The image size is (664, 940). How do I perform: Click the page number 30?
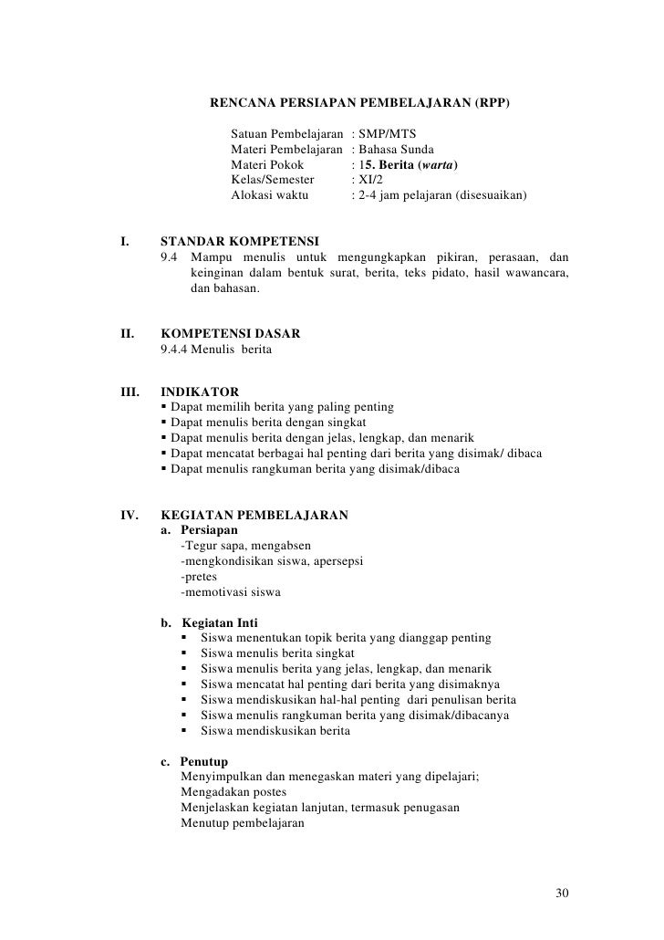pos(562,892)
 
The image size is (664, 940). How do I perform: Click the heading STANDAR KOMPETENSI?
pos(239,242)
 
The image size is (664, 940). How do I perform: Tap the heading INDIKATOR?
pos(199,392)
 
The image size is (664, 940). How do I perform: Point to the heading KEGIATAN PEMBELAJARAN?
pos(254,515)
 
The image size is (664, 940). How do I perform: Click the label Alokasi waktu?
pos(270,196)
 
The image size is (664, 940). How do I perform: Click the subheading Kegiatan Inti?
pos(219,622)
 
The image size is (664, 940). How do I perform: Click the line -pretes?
pos(199,577)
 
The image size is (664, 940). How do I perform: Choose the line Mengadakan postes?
pos(233,791)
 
